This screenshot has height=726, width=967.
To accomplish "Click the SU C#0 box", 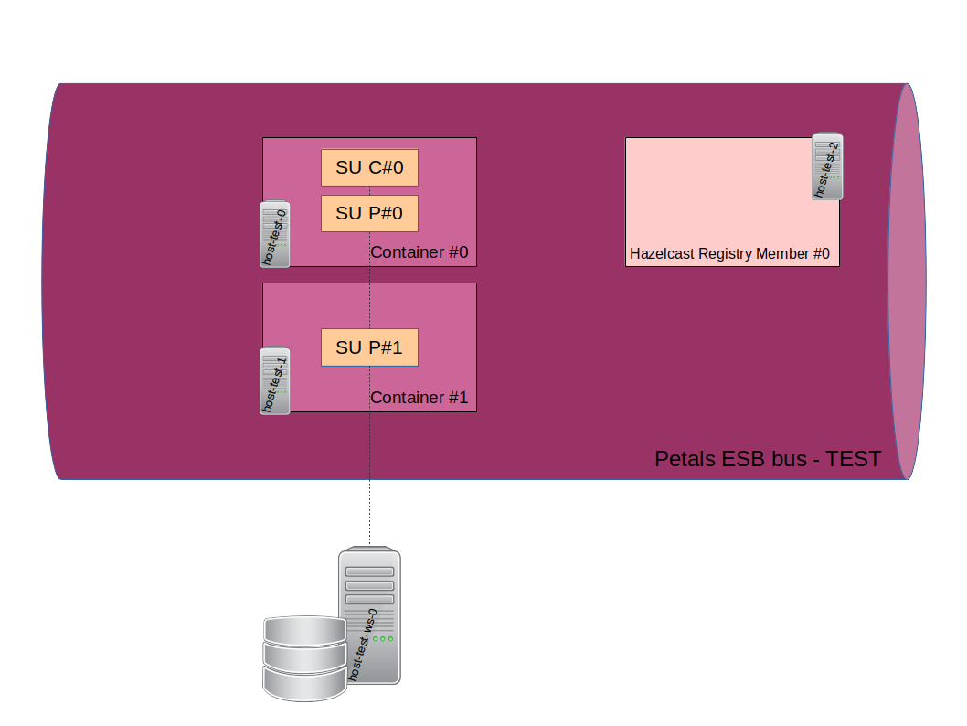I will pos(369,167).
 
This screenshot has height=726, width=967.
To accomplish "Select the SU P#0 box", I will pos(369,213).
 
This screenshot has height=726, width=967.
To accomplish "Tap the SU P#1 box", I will pos(369,347).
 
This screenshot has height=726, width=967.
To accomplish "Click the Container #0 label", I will pos(419,252).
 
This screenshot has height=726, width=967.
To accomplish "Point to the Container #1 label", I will pos(419,399).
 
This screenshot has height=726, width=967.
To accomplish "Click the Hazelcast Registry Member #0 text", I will pos(729,254).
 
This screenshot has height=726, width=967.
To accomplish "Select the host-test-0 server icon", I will pos(275,234).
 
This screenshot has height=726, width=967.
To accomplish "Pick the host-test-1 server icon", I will pos(275,380).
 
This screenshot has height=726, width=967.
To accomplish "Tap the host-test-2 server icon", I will pos(827,166).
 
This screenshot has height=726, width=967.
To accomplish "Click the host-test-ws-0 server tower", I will pos(369,615).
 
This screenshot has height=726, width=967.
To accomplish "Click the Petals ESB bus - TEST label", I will pos(767,459).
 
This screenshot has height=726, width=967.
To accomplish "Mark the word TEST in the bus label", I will pos(854,459).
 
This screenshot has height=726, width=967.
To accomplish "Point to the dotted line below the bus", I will pos(369,512).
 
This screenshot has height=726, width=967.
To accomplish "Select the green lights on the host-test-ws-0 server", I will pos(384,638).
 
